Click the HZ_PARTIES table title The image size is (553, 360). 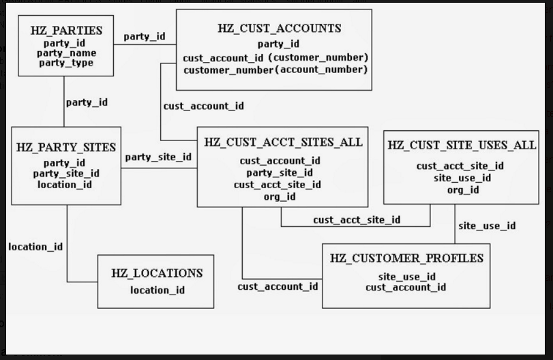(x=66, y=31)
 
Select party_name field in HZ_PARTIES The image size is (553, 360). (x=66, y=53)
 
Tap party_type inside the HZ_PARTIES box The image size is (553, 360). (x=66, y=63)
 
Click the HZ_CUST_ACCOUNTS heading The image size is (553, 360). (x=279, y=29)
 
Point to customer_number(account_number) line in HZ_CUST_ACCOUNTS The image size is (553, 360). (x=275, y=70)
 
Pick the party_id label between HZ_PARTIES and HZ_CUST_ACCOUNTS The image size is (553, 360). (x=144, y=36)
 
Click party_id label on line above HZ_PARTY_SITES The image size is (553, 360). (x=87, y=102)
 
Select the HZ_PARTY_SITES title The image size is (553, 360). (x=66, y=147)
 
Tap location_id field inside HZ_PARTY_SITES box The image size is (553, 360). (x=65, y=185)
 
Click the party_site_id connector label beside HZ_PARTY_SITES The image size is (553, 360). (x=158, y=157)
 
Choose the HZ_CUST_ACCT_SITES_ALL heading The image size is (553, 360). (x=283, y=142)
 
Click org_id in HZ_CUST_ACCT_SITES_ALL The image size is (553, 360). (x=280, y=196)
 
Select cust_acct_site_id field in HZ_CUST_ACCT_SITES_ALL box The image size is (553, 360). (x=278, y=185)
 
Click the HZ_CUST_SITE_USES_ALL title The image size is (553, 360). (x=462, y=145)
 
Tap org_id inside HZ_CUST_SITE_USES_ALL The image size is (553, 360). (x=463, y=190)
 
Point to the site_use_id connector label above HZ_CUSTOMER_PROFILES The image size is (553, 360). (x=487, y=226)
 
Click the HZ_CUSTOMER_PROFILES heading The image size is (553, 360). (x=406, y=258)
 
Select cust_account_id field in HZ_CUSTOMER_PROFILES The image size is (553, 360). (x=406, y=287)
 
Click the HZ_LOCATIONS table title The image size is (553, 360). (x=157, y=273)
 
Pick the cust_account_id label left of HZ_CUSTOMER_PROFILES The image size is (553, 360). (x=278, y=286)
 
